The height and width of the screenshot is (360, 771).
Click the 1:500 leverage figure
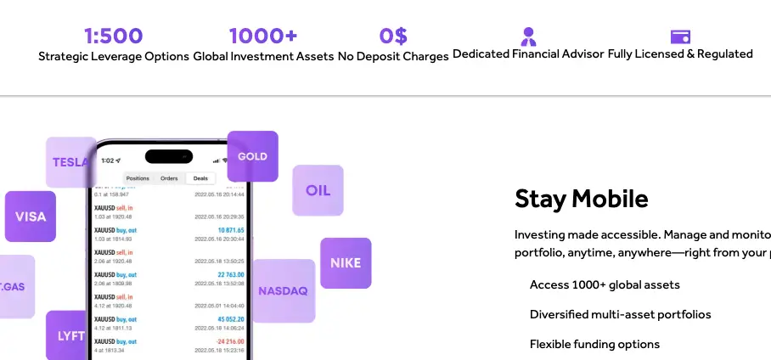point(113,36)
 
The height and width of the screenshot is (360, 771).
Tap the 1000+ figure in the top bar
point(263,36)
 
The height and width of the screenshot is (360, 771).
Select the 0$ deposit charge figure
point(393,36)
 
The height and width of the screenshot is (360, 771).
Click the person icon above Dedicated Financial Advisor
point(528,37)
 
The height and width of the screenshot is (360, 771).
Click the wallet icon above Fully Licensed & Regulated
point(680,37)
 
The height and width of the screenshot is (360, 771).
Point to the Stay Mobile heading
point(581,199)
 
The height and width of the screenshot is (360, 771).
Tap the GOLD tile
point(252,156)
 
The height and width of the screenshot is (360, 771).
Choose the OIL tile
point(318,190)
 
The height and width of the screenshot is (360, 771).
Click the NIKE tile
point(346,263)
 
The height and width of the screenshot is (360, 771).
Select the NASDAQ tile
point(283,291)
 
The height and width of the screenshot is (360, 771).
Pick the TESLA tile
point(70,162)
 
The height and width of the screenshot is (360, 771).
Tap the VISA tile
point(31,217)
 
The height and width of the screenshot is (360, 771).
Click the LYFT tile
point(68,335)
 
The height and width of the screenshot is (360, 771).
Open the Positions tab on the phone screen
point(138,178)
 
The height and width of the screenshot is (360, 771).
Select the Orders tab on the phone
point(169,178)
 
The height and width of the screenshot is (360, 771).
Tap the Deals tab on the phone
point(200,178)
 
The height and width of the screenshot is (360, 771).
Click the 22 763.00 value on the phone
point(227,274)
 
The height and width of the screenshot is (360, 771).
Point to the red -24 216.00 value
point(227,340)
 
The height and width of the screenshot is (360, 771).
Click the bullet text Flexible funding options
point(594,344)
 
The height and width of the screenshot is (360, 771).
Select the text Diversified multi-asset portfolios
point(620,314)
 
